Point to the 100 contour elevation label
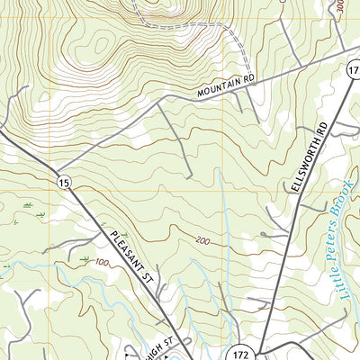(100, 263)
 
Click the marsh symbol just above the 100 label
(85, 259)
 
